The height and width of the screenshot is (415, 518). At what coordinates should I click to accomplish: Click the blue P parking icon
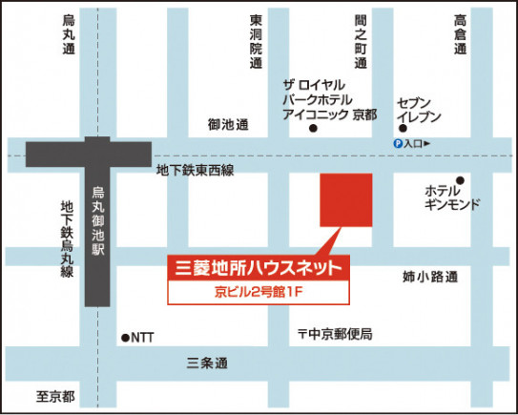tap(398, 143)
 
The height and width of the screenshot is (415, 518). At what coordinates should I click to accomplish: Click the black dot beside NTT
tap(125, 337)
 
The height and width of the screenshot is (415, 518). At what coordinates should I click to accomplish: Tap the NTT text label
tap(142, 337)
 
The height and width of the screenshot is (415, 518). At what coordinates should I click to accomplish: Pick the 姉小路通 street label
tap(430, 277)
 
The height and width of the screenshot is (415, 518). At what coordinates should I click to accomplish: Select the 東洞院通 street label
tap(256, 43)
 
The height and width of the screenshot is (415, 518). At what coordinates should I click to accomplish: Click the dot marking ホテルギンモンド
tap(460, 179)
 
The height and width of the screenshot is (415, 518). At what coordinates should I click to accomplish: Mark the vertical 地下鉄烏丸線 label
tap(67, 239)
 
